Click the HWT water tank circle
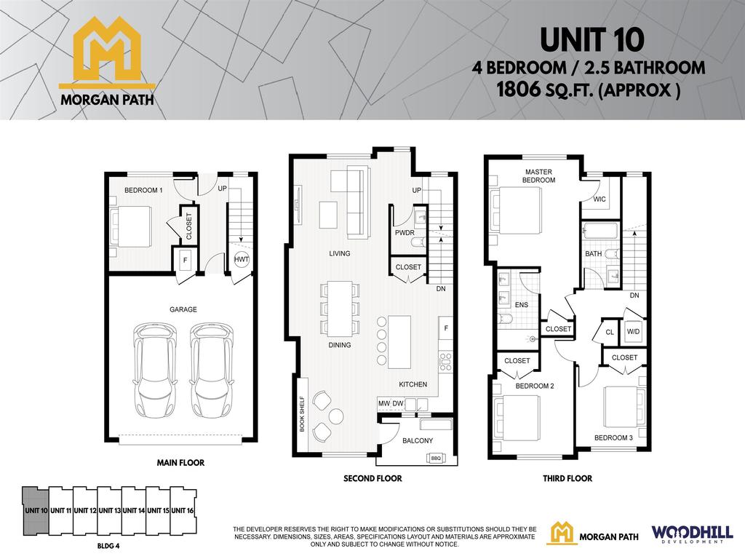[241, 259]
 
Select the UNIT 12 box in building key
[85, 510]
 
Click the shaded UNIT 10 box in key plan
[36, 510]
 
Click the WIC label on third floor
[599, 198]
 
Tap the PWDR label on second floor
[404, 234]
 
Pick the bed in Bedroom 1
[131, 226]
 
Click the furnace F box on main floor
[185, 259]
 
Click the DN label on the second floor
[441, 289]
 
